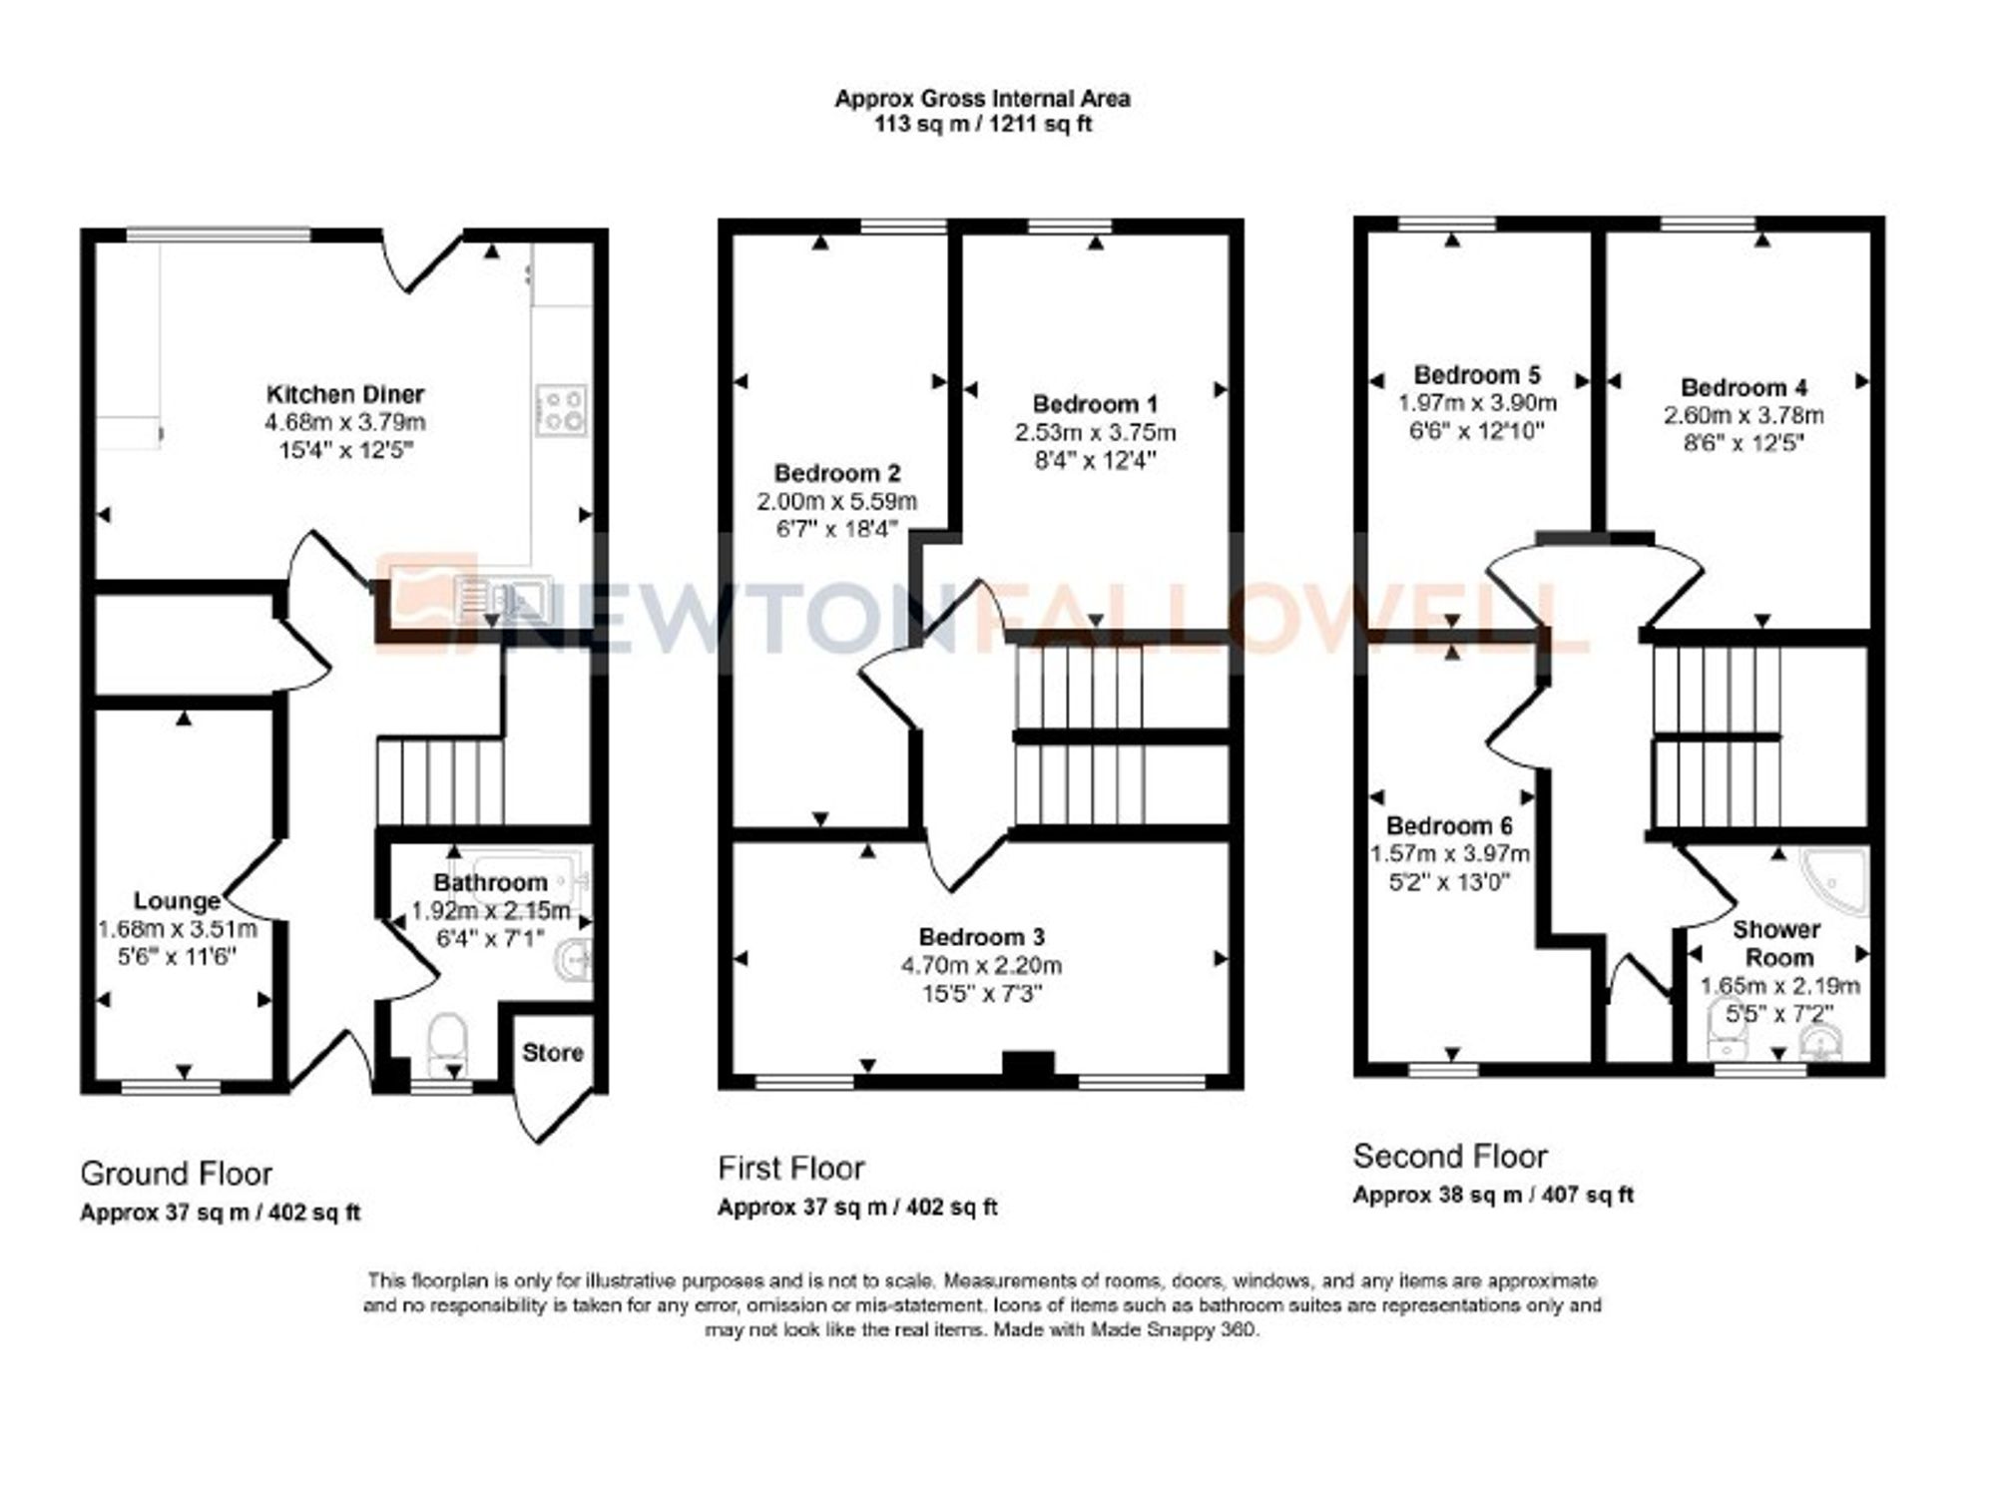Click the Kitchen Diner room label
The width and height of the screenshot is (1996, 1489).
point(345,394)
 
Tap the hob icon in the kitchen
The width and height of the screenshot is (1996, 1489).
point(562,410)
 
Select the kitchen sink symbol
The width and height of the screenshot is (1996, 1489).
point(502,597)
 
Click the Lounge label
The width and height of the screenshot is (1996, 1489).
point(177,901)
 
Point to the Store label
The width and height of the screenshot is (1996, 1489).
point(552,1053)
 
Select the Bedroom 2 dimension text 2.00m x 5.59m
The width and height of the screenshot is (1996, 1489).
point(836,501)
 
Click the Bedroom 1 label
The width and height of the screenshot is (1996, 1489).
point(1095,404)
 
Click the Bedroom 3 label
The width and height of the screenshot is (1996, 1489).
point(981,937)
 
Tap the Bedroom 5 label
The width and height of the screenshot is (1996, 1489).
point(1477,375)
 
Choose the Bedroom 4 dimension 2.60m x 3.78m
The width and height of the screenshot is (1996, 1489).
point(1744,415)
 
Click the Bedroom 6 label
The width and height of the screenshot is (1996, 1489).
point(1449,826)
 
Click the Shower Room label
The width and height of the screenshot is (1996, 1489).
point(1776,943)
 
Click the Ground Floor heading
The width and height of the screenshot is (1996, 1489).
point(176,1174)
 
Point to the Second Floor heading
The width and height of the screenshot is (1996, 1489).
point(1449,1157)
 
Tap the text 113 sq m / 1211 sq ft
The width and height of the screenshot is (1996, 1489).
point(983,126)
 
